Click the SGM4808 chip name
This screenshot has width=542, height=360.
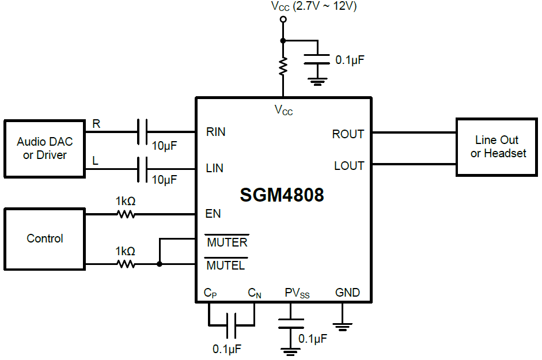click(x=282, y=195)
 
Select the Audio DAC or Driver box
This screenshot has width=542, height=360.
click(x=45, y=148)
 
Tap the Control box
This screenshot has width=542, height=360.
click(x=45, y=238)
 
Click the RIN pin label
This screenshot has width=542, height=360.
click(x=215, y=132)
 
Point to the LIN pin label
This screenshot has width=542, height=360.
click(x=214, y=168)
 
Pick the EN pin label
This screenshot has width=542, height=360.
click(x=213, y=214)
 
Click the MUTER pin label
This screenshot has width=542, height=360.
click(x=227, y=242)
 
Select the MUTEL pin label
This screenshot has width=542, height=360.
click(x=226, y=266)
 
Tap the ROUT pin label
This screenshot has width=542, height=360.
click(x=348, y=134)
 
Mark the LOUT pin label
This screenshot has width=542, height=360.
click(x=349, y=166)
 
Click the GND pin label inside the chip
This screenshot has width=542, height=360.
click(x=347, y=293)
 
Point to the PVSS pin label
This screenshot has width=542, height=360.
click(x=297, y=293)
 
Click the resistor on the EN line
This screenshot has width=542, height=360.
click(x=126, y=214)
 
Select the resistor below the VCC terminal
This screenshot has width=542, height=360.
click(x=283, y=66)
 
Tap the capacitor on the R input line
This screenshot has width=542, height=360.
click(x=142, y=132)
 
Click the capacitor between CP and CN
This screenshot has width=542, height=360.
click(x=232, y=325)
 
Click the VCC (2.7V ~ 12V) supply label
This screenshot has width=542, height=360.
click(x=314, y=7)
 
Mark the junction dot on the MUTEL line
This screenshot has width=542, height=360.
click(x=159, y=264)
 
